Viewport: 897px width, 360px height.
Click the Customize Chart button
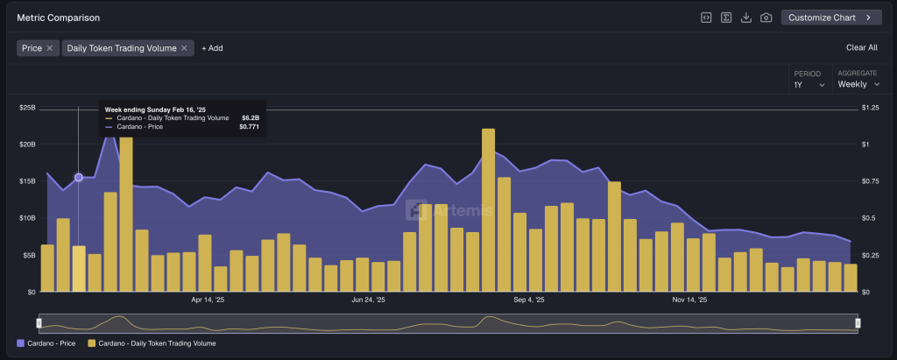(x=830, y=18)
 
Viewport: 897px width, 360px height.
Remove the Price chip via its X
(x=50, y=48)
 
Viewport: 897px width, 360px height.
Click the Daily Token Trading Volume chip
(x=122, y=48)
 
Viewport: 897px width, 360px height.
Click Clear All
(x=861, y=48)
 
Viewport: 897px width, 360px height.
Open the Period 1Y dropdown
(x=809, y=84)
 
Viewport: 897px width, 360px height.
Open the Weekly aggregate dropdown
(x=858, y=84)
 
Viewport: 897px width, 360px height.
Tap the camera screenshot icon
(x=766, y=18)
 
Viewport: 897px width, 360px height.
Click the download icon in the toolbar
(x=746, y=18)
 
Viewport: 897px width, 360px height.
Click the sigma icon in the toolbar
(x=726, y=18)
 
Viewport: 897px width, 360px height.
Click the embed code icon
(x=706, y=18)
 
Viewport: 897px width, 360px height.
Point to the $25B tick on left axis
(x=26, y=108)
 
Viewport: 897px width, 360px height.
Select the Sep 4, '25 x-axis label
(x=528, y=300)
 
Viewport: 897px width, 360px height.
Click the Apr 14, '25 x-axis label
(x=208, y=300)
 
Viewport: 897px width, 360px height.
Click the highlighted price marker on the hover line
(x=79, y=177)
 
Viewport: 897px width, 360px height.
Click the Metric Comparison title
(x=58, y=18)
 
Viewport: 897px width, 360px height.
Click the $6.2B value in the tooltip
(x=250, y=117)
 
